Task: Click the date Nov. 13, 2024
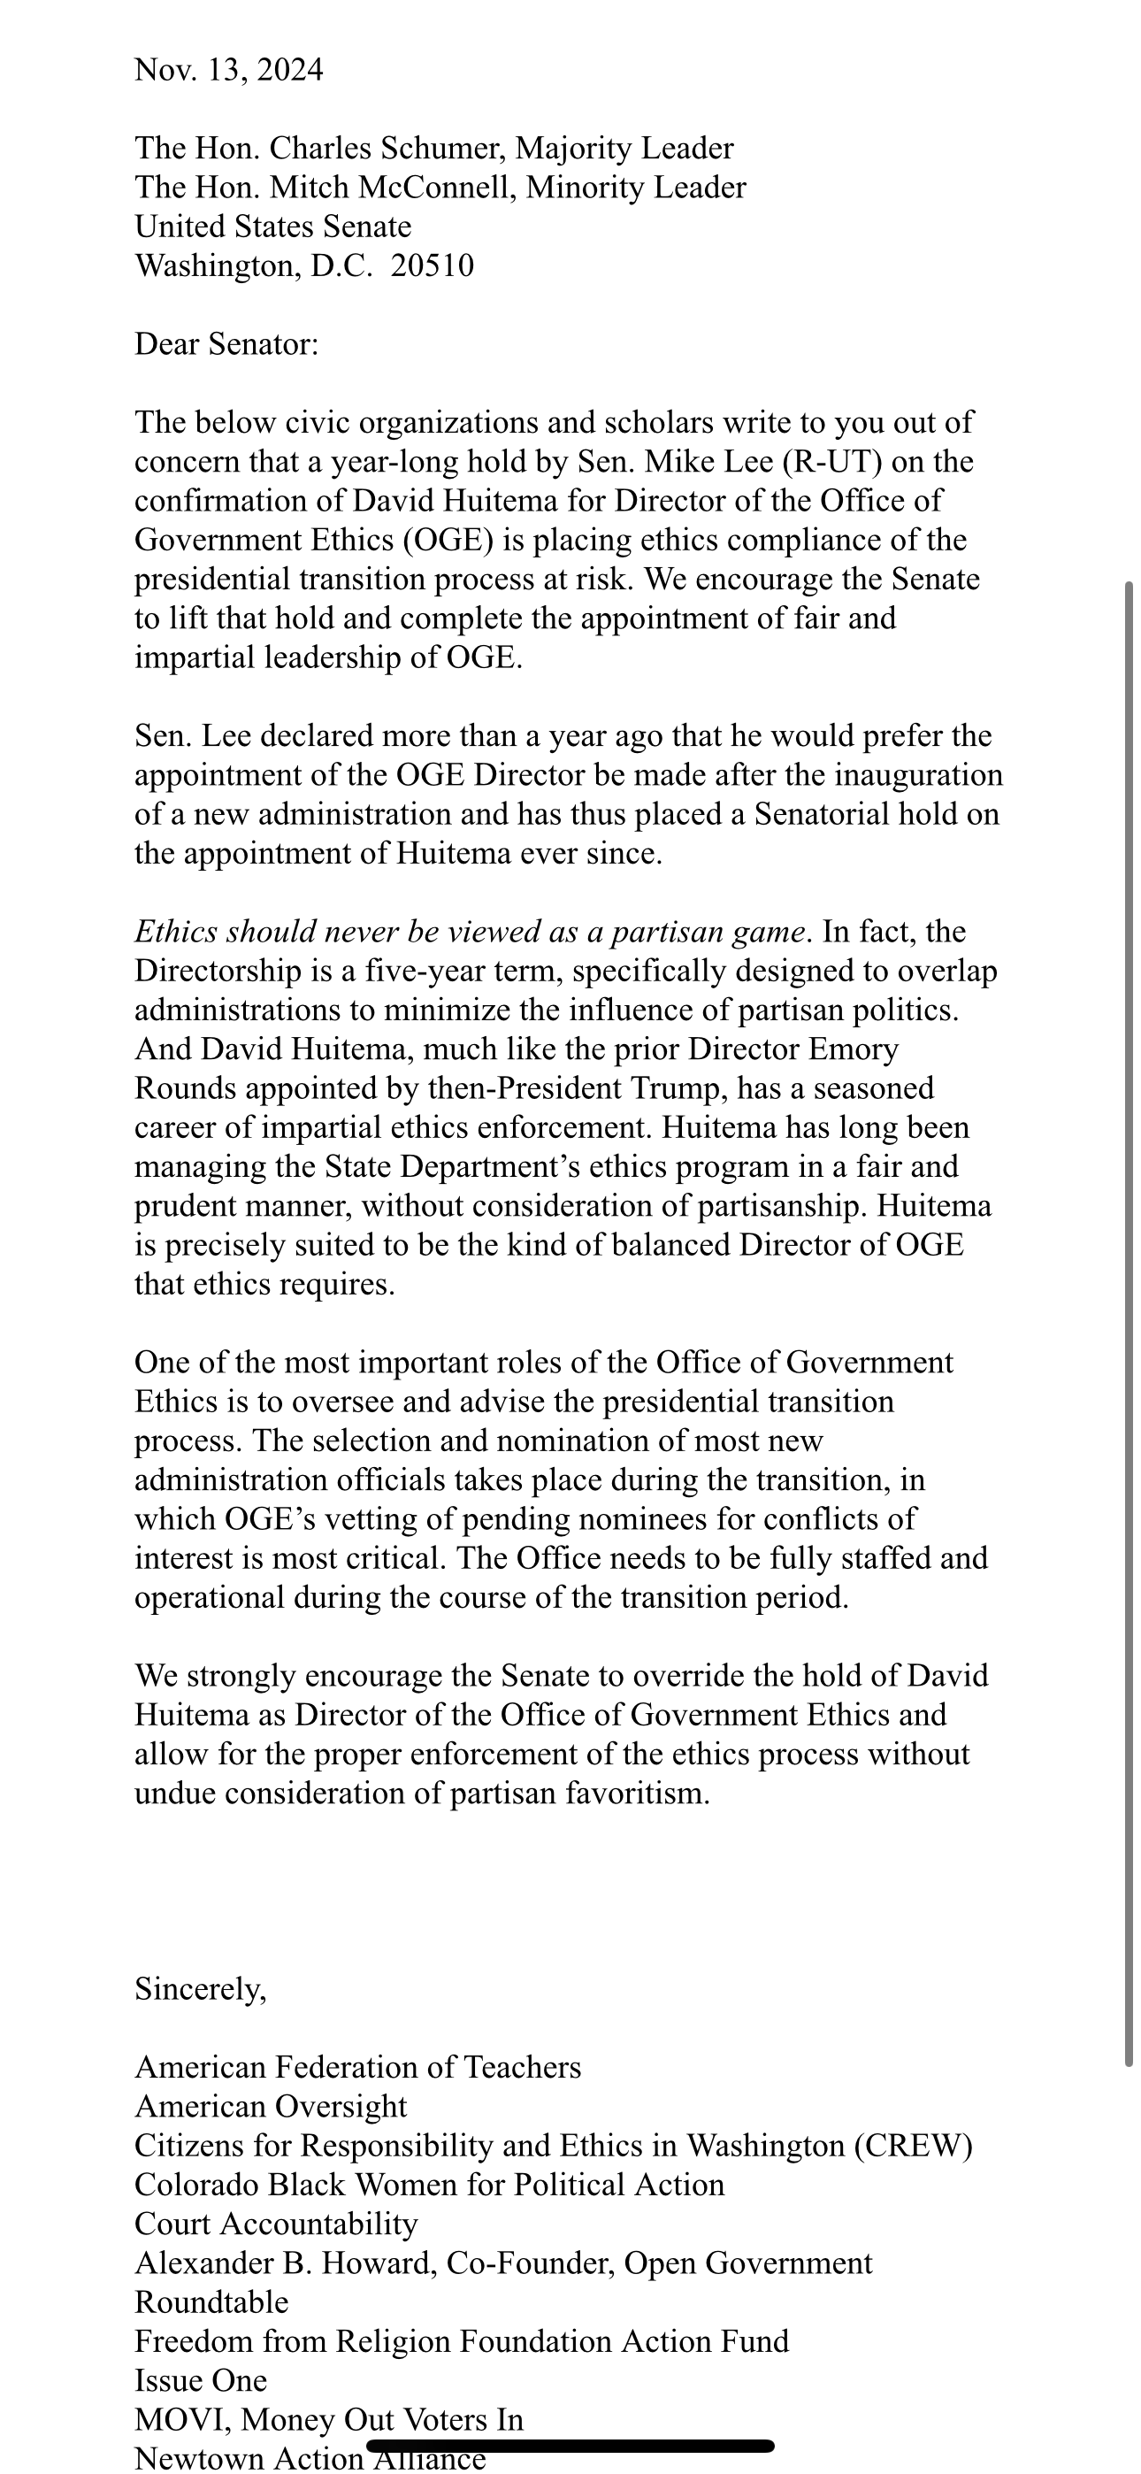pos(228,70)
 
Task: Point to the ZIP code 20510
pos(433,266)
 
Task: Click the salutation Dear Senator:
pos(226,344)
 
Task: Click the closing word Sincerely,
pos(201,1990)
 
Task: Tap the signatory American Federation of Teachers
pos(357,2068)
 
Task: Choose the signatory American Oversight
pos(271,2107)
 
